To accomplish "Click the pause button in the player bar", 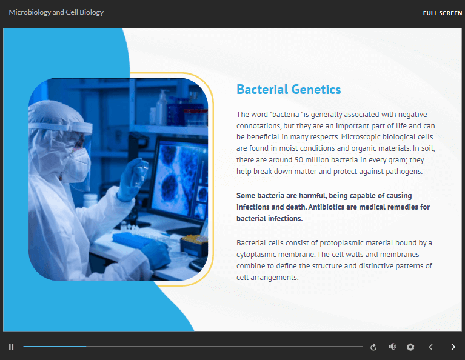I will pos(11,347).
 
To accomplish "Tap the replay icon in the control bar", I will pos(373,347).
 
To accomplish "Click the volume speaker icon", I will pos(392,347).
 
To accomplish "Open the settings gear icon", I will pos(410,347).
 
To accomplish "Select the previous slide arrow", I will pos(431,347).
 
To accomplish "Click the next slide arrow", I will pos(453,347).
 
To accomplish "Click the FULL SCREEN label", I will pos(442,13).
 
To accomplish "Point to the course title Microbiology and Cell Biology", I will pos(56,12).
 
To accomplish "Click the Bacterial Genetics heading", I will pos(289,90).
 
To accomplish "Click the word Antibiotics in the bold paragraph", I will pos(330,207).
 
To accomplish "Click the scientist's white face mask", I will pos(78,162).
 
